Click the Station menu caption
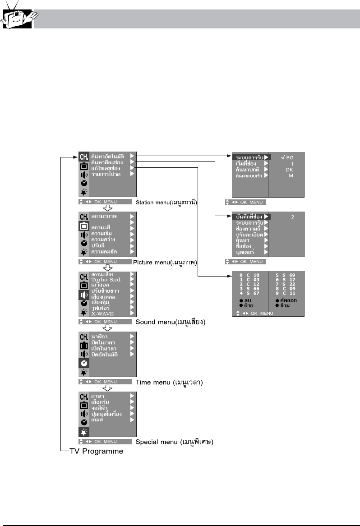coord(168,202)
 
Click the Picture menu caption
coord(167,262)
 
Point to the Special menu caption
coord(174,442)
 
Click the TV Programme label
coord(96,451)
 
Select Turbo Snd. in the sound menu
coord(106,280)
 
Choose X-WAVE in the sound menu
coord(103,313)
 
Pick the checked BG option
coord(287,157)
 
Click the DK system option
coord(290,170)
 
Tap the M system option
coord(291,176)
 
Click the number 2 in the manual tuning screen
coord(292,217)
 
